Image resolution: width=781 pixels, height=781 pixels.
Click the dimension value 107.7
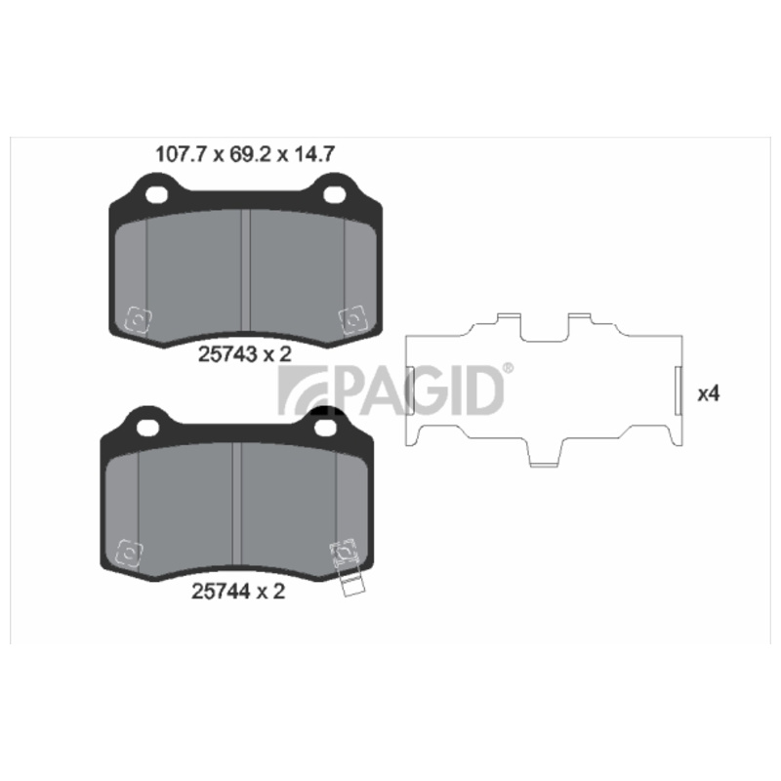181,154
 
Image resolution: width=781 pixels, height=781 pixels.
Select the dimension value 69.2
250,154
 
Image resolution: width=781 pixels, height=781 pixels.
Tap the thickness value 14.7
313,154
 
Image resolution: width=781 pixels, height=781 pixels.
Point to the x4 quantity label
709,394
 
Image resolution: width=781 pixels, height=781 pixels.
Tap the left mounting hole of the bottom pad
148,427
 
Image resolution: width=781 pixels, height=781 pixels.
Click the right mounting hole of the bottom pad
326,427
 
